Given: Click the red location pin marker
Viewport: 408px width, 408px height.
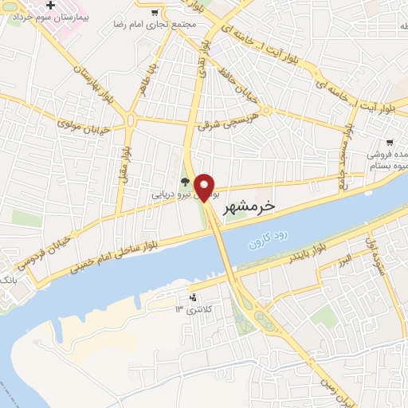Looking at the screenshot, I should [206, 186].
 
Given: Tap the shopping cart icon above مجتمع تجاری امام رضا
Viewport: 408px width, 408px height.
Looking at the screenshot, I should [154, 12].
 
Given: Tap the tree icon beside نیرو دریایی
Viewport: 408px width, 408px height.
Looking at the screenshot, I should [184, 181].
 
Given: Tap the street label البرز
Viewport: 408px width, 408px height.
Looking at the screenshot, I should [343, 261].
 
